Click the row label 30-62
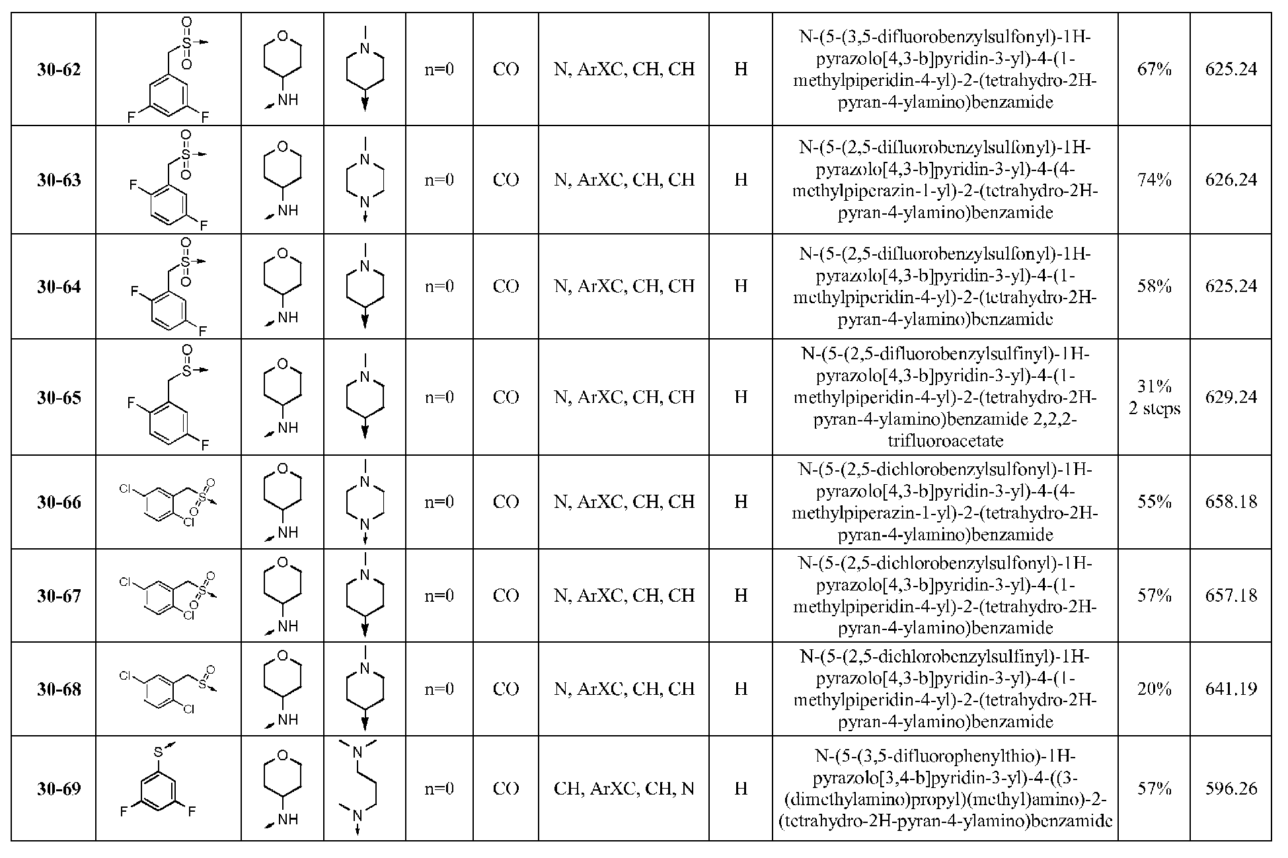(x=59, y=70)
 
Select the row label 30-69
(x=59, y=789)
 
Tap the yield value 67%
(x=1154, y=69)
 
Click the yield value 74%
(x=1154, y=180)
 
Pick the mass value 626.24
(x=1231, y=180)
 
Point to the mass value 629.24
(x=1231, y=397)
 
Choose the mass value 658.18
(x=1231, y=502)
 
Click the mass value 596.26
(x=1231, y=789)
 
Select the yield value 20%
(x=1154, y=689)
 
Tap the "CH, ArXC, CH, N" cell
(x=624, y=789)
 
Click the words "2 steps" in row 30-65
(x=1154, y=409)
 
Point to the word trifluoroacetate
(x=945, y=441)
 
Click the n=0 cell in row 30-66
(x=439, y=502)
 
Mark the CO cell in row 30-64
(x=506, y=286)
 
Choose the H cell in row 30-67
(x=741, y=596)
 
